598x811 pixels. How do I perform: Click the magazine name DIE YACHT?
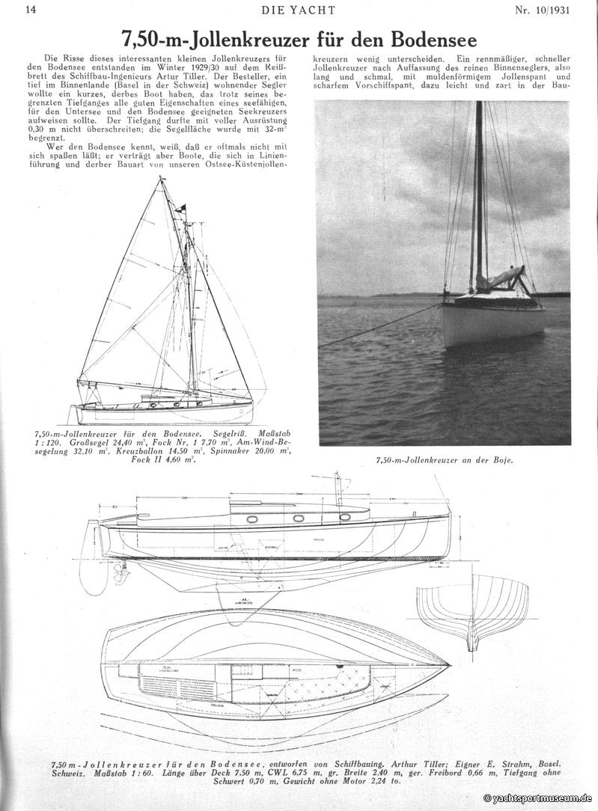tap(298, 10)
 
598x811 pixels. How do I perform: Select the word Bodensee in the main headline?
tap(429, 38)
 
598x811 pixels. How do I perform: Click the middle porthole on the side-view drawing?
tap(299, 517)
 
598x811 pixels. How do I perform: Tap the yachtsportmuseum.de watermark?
tap(539, 799)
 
